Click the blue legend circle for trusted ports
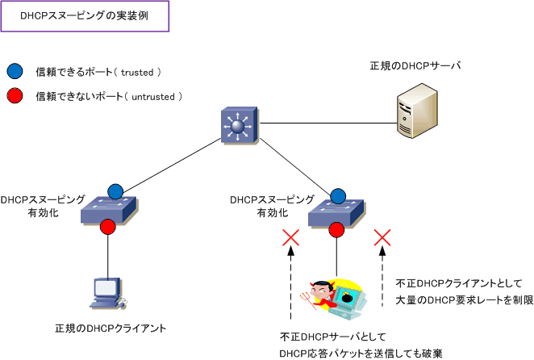click(x=15, y=72)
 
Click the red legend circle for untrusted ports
click(x=15, y=96)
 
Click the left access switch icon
click(x=108, y=211)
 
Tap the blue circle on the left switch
click(x=115, y=191)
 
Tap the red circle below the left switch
click(x=108, y=229)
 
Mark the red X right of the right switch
click(x=383, y=237)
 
